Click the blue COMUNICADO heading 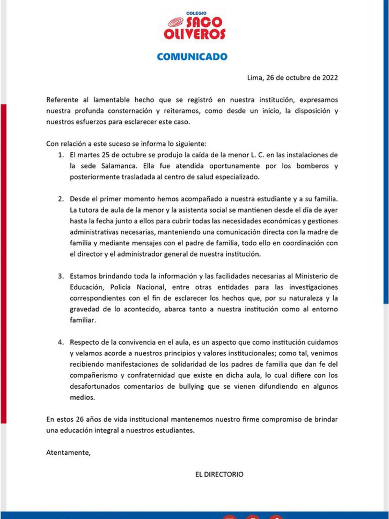192,57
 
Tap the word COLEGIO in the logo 196,13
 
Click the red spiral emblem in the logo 176,22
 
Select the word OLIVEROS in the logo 194,34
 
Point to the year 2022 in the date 330,78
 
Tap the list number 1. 61,155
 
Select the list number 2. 61,199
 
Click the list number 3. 61,276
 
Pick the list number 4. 61,343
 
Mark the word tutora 88,210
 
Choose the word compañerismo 94,376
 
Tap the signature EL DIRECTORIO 219,475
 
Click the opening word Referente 62,100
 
